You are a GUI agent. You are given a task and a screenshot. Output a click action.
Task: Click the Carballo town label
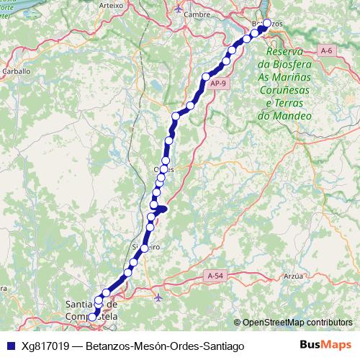(x=15, y=71)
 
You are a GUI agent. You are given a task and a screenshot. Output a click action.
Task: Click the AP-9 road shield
(x=219, y=84)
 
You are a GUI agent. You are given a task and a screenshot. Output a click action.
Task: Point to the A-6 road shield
(x=327, y=50)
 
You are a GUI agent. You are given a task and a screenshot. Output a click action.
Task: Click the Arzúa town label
(x=293, y=275)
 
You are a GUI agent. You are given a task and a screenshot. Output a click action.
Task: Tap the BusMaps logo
(x=325, y=345)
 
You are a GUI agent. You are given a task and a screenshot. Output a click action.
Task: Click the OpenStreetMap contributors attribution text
(x=297, y=323)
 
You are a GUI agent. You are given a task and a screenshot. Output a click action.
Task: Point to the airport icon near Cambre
(x=179, y=9)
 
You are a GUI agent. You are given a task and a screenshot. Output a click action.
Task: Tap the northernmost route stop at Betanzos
(x=266, y=24)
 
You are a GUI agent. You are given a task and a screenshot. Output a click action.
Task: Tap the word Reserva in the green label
(x=284, y=53)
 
